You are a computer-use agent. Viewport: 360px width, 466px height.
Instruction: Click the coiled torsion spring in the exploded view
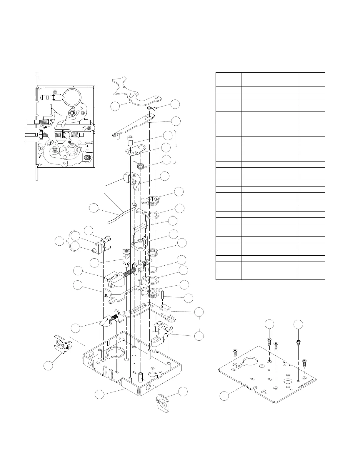[141, 166]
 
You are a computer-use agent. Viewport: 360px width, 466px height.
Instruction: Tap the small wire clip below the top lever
[150, 108]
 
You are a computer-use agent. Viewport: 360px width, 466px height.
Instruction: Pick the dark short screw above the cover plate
[298, 342]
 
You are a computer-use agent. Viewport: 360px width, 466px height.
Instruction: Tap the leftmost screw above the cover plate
[235, 352]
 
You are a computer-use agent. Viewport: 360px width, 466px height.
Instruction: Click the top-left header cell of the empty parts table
[228, 79]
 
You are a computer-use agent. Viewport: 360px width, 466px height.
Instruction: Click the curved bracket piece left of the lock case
[63, 343]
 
